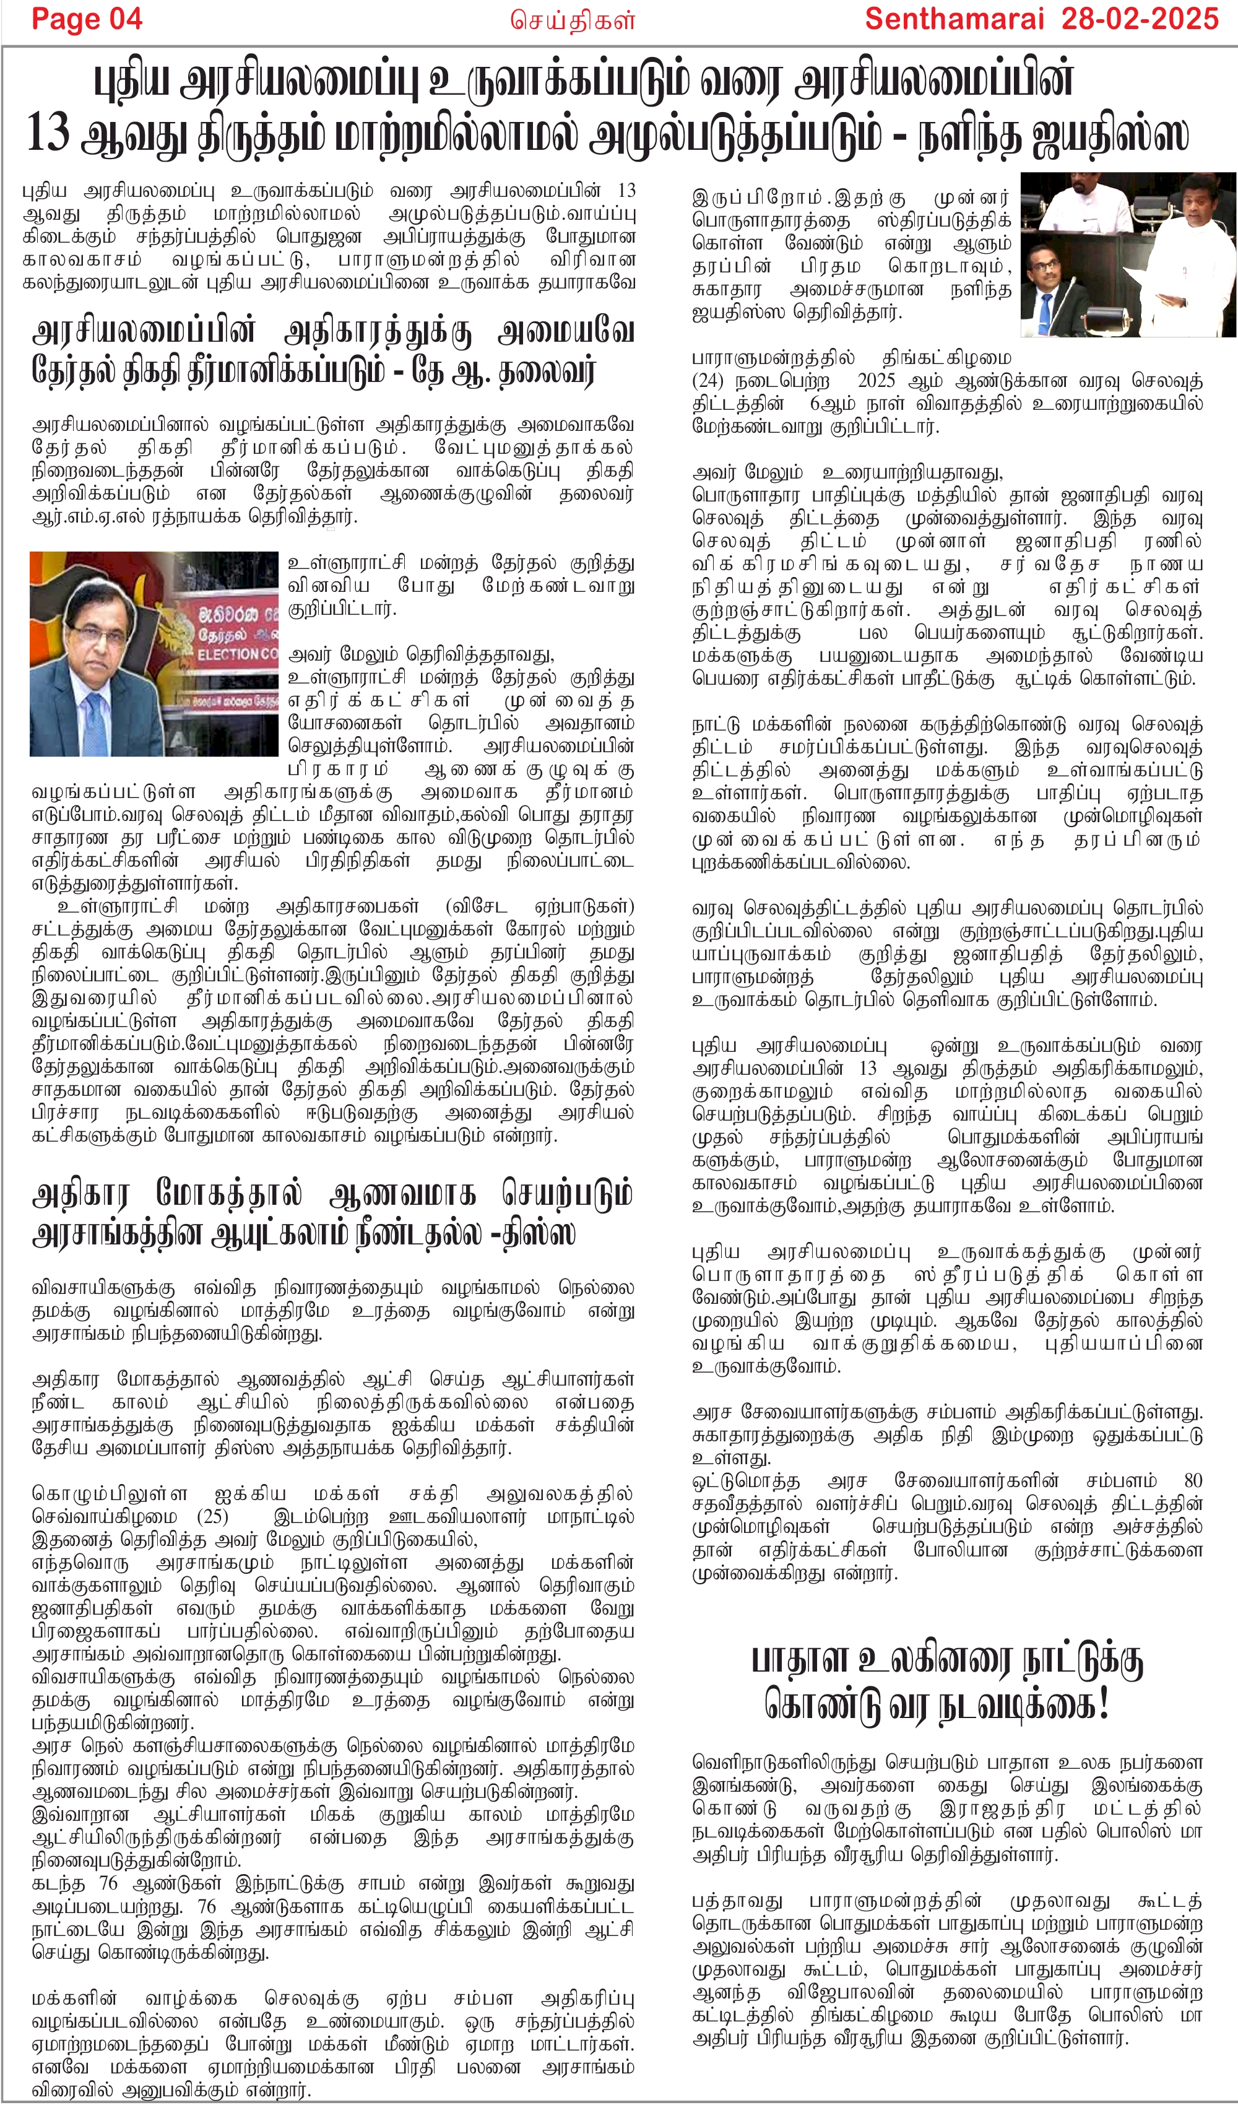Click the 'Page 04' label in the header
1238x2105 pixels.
click(x=87, y=19)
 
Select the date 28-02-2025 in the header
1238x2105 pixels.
click(x=1140, y=19)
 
